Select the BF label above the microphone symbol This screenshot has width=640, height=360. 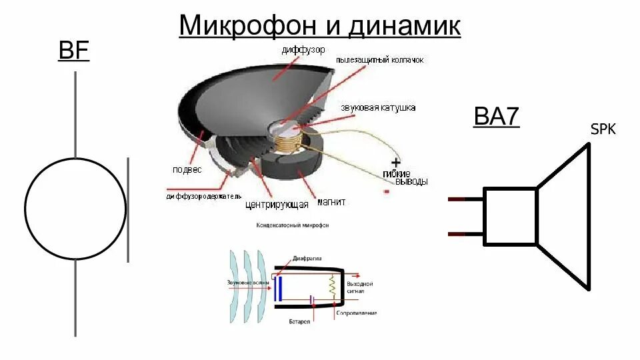(74, 51)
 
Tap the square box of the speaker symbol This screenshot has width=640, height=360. (510, 216)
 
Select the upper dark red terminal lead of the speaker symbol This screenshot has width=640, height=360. (465, 199)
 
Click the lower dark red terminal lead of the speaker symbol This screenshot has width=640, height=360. (465, 234)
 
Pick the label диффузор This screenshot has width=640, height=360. (303, 50)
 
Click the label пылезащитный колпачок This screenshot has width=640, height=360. (380, 60)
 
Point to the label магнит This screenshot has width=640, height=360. (331, 201)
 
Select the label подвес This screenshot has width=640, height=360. (187, 169)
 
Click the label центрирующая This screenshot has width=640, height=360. (276, 205)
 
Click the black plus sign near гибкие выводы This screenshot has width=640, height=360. (395, 162)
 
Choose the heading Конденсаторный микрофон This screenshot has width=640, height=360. (292, 225)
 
